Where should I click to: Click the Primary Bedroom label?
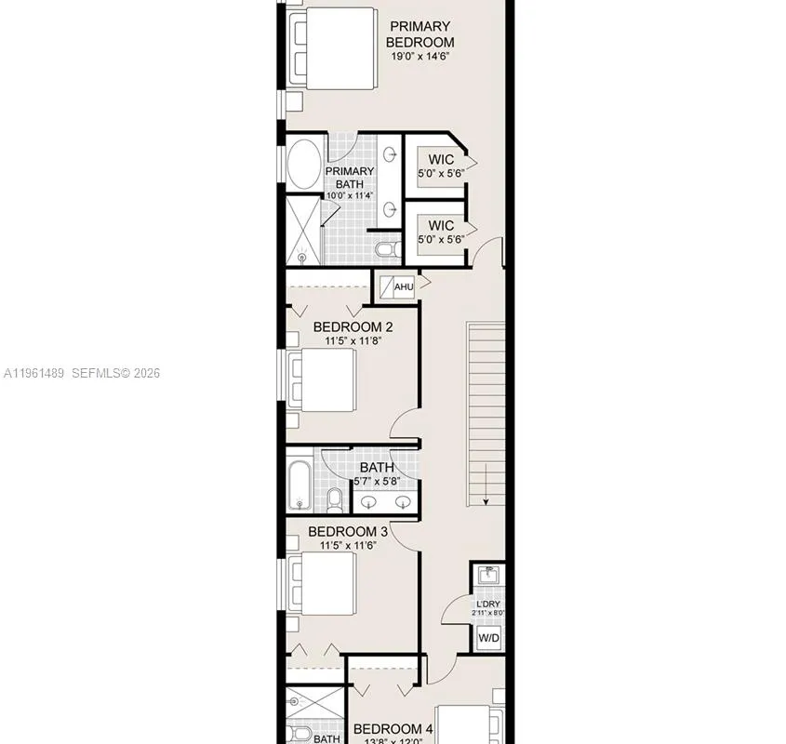click(x=420, y=34)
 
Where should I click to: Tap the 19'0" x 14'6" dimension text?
click(x=420, y=56)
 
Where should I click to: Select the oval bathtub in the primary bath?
click(x=303, y=166)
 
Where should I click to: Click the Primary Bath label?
click(x=349, y=178)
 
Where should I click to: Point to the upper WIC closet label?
click(x=441, y=160)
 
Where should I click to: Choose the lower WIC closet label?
click(x=441, y=225)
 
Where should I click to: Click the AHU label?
click(x=404, y=286)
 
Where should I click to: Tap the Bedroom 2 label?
click(x=353, y=326)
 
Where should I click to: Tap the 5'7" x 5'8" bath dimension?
click(x=377, y=482)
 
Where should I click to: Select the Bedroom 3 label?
click(x=349, y=532)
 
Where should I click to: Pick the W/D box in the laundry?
click(x=488, y=639)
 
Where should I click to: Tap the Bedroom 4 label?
click(x=393, y=728)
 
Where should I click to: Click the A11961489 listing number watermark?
click(x=34, y=373)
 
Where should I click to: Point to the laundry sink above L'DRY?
click(x=488, y=576)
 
